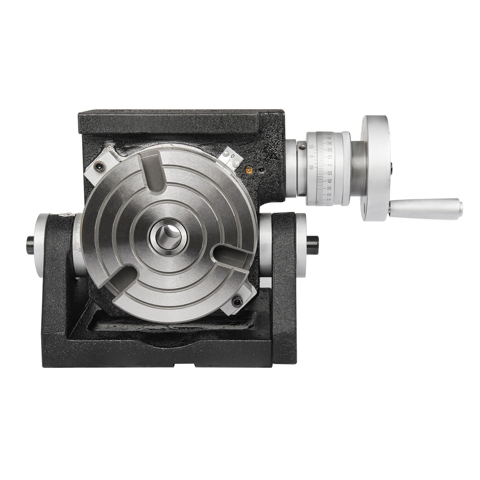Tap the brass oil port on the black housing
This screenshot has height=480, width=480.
coord(249,170)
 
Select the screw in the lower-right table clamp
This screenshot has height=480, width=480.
coord(237,302)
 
